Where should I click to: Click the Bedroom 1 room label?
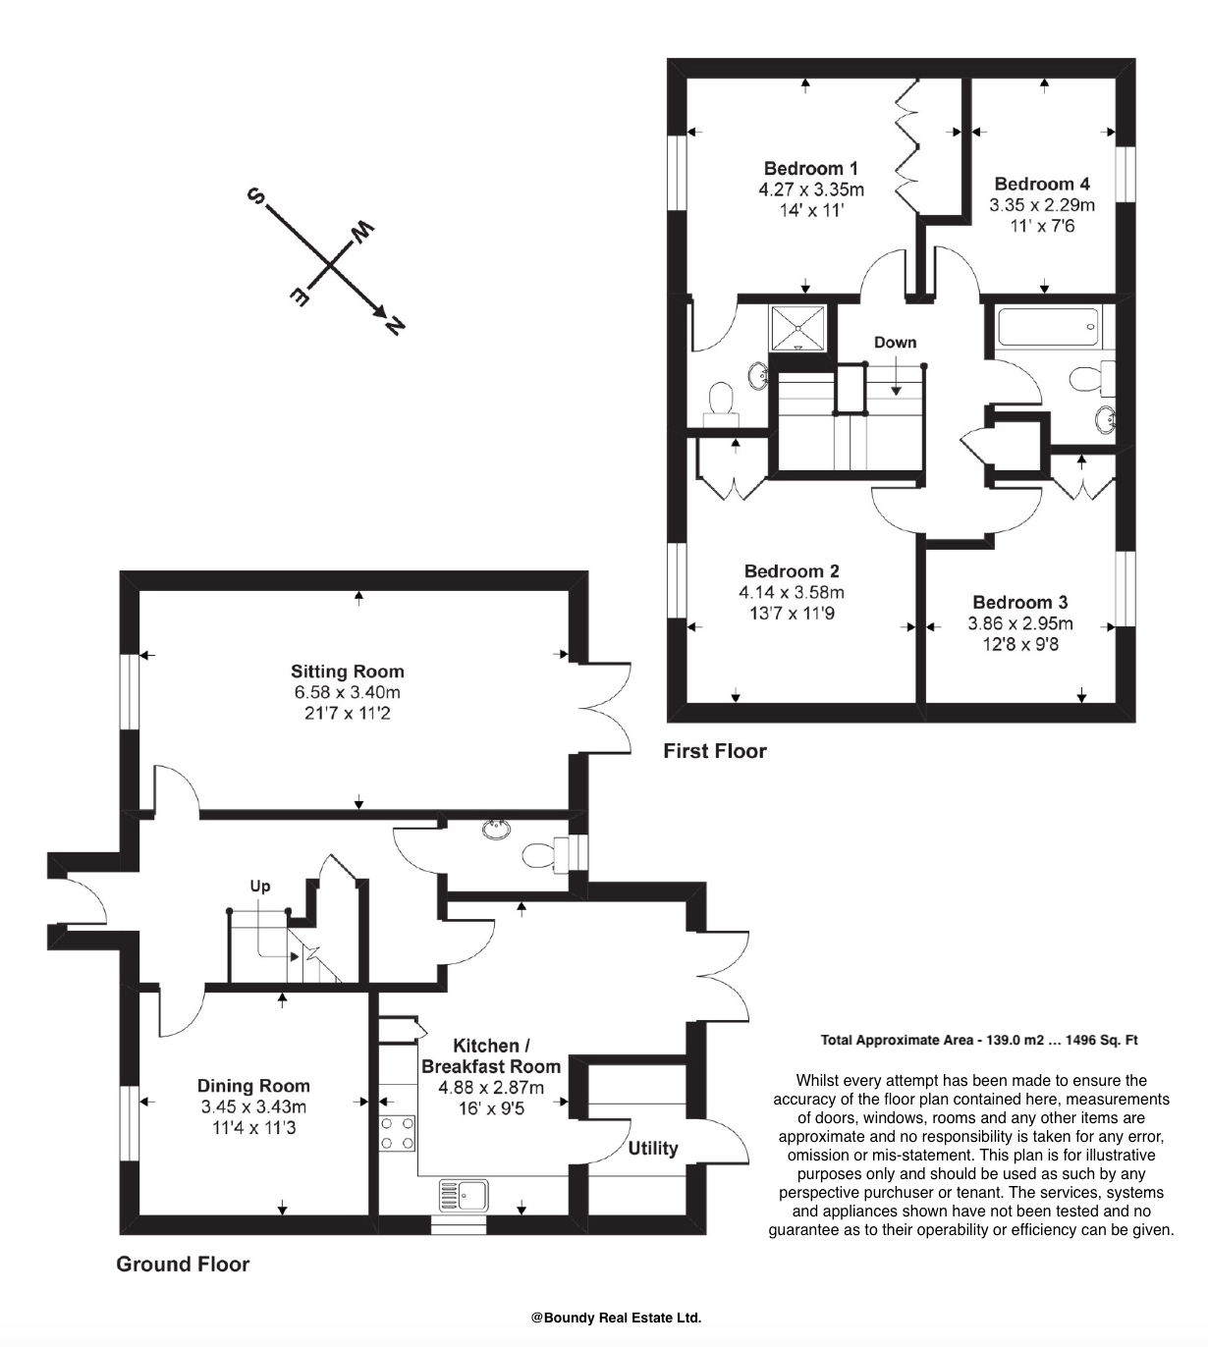tap(811, 168)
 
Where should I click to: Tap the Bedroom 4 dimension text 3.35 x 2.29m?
tap(1041, 205)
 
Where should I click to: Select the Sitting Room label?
tap(347, 672)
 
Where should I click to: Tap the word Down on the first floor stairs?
tap(895, 343)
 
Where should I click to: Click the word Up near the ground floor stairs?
tap(259, 887)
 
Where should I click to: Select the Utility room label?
tap(653, 1148)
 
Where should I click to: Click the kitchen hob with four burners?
tap(397, 1133)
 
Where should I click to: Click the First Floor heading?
tap(714, 751)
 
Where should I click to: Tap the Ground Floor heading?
tap(183, 1265)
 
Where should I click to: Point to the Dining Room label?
tap(253, 1086)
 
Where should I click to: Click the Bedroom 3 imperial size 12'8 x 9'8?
tap(1020, 645)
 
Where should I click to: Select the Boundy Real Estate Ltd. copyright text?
tap(616, 1319)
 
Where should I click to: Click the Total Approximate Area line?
tap(978, 1040)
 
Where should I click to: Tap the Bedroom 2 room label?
tap(791, 571)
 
